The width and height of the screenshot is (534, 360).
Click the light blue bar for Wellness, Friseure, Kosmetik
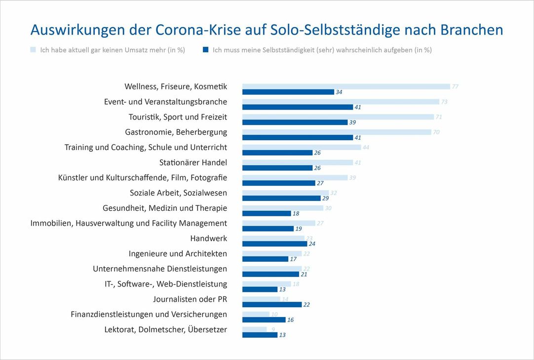[345, 86]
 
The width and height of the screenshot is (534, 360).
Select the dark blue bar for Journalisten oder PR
[271, 305]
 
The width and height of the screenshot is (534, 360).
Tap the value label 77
[455, 87]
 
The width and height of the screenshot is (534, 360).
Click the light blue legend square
[33, 50]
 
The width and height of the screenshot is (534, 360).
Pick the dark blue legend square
[205, 50]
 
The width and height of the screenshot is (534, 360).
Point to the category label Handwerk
[208, 238]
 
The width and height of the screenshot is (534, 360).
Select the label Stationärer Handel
[193, 162]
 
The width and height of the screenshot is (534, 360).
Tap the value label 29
[325, 198]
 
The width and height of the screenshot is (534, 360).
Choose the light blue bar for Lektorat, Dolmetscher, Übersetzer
[254, 329]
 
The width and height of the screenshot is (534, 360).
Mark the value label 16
[290, 320]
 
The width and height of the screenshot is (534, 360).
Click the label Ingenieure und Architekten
[178, 253]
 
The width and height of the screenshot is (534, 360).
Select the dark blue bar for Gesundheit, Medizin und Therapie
[267, 213]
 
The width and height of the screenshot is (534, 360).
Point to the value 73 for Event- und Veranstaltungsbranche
[444, 102]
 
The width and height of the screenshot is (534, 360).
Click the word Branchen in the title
[471, 30]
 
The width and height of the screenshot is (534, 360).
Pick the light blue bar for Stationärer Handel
[297, 162]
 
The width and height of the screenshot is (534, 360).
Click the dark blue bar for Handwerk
[274, 243]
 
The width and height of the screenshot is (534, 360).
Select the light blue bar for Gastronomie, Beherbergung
[337, 132]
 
